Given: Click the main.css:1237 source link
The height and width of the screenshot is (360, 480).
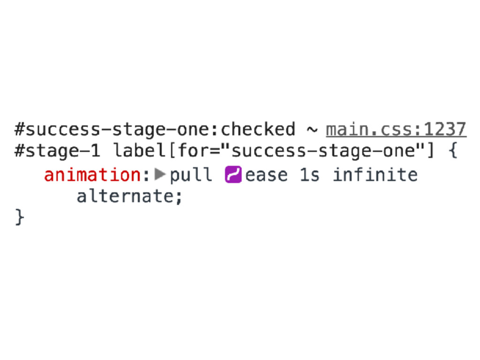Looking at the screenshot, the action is point(396,129).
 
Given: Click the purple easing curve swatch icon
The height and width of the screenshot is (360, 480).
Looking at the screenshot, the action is point(233,175).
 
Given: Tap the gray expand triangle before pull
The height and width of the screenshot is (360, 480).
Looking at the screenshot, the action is point(160,175).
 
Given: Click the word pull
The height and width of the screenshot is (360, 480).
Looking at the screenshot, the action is point(191,175).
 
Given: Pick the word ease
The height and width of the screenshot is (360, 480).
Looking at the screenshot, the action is point(266,175).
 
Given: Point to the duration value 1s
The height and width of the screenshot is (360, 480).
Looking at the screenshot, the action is point(310,175).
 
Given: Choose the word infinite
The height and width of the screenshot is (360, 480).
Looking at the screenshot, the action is point(375,175).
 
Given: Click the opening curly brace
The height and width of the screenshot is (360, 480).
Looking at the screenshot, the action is point(452,151).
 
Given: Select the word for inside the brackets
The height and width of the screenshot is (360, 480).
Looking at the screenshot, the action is point(190,151).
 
